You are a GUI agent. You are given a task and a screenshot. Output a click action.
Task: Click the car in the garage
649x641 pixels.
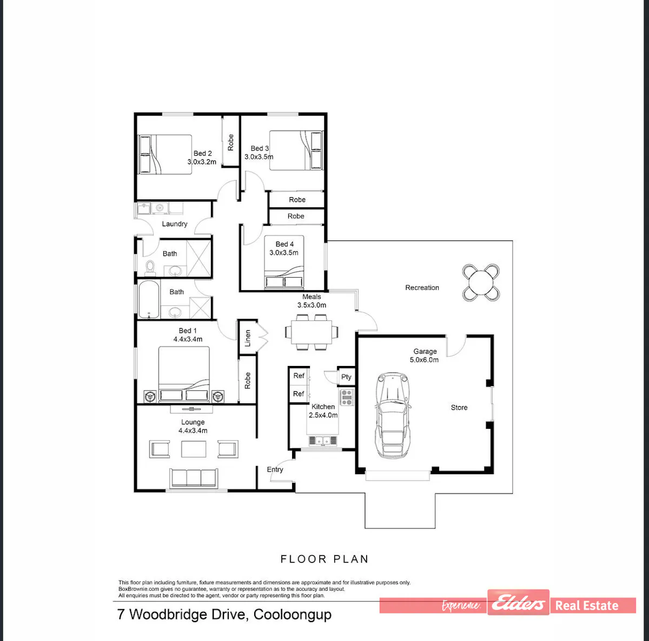coord(393,415)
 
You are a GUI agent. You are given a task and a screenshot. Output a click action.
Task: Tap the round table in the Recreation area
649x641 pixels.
coord(481,282)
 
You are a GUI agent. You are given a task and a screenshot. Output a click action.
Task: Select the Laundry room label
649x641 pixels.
coord(175,224)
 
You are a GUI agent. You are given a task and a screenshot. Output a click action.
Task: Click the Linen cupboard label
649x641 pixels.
coord(248,338)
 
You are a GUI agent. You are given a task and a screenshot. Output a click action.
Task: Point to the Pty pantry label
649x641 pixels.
coord(346,377)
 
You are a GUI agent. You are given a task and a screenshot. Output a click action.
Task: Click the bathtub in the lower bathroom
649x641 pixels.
coord(149,299)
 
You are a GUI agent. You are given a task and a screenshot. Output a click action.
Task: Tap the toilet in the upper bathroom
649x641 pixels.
coord(150,266)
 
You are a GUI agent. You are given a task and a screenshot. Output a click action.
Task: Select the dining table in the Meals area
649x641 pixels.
coord(312,332)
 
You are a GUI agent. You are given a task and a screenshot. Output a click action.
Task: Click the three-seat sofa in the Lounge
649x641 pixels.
coord(194,478)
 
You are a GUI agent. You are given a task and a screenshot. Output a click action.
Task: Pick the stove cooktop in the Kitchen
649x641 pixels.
coord(347,397)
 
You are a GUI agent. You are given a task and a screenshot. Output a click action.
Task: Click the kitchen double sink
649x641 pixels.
coord(323,440)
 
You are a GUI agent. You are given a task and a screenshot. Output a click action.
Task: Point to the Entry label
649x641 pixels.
coord(275,469)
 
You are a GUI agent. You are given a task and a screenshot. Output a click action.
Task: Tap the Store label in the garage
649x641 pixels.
coord(459,407)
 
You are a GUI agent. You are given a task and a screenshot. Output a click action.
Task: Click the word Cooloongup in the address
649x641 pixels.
coord(293,614)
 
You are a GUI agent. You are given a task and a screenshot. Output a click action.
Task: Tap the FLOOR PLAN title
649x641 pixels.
coord(325,559)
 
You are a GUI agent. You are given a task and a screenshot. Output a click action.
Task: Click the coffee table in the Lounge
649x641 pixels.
coord(194,449)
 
